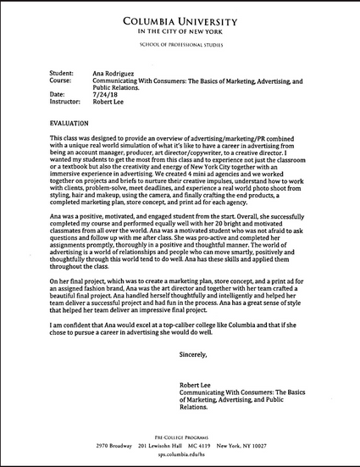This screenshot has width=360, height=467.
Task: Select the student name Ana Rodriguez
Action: (x=115, y=75)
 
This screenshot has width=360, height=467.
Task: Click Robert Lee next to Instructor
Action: (x=109, y=101)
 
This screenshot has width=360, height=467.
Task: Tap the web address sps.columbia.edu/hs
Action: (x=180, y=454)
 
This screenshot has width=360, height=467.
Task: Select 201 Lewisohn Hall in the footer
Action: (x=167, y=444)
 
